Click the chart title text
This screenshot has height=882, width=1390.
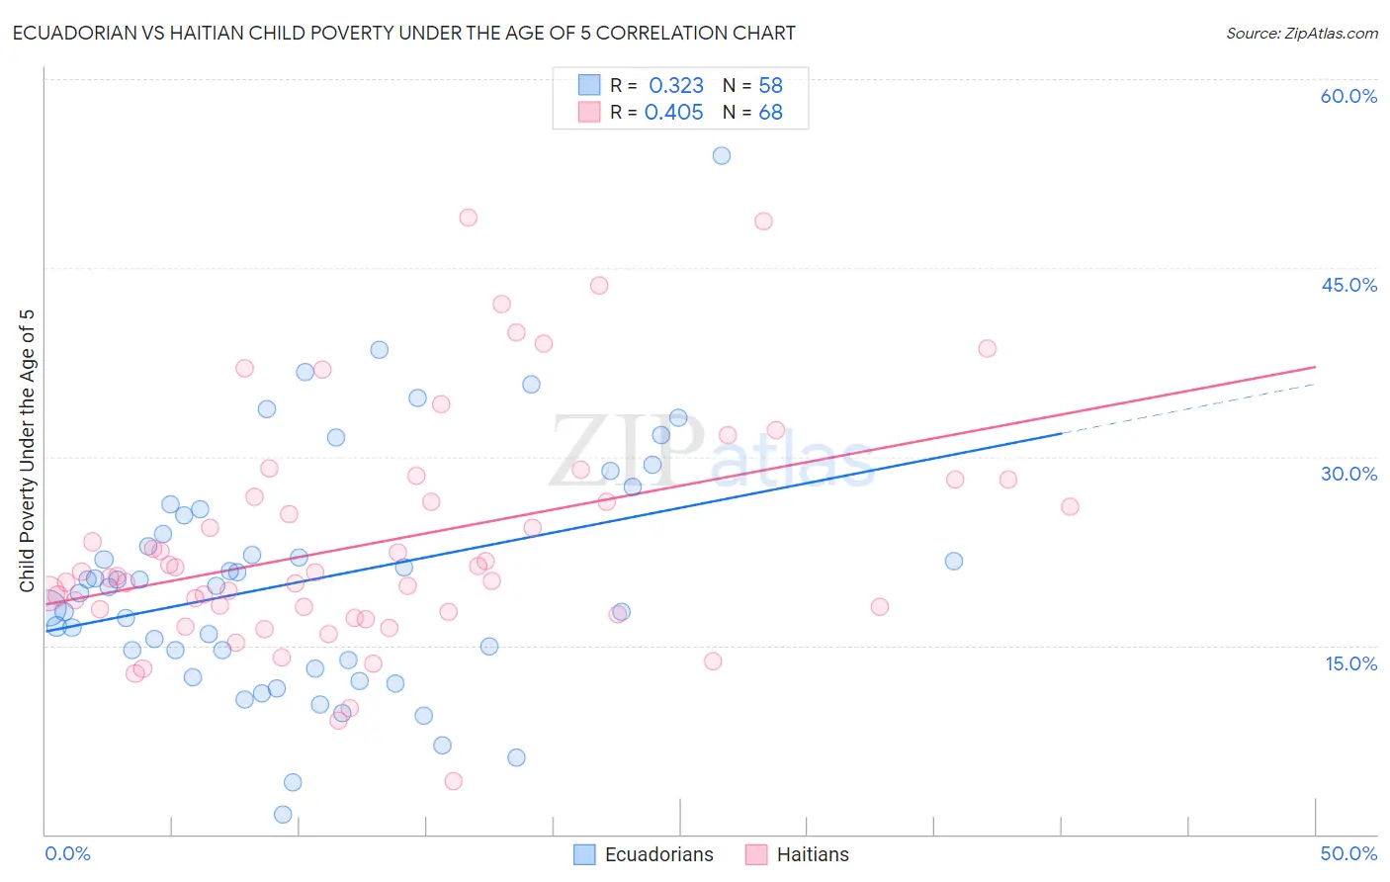click(x=403, y=33)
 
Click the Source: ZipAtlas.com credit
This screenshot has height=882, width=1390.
click(x=1301, y=33)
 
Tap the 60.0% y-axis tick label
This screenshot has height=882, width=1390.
click(x=1348, y=96)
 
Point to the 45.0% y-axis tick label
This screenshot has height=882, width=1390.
click(x=1348, y=285)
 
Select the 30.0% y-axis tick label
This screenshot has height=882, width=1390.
click(x=1348, y=474)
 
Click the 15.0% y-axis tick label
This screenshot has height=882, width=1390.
click(x=1350, y=663)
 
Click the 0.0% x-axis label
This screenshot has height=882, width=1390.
click(x=67, y=853)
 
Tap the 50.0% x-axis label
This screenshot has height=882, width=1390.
click(x=1348, y=853)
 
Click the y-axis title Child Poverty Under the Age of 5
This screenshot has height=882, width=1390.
click(x=27, y=451)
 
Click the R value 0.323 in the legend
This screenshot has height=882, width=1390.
click(x=676, y=86)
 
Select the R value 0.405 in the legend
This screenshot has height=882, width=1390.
click(x=674, y=113)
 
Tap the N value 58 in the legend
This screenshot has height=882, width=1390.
click(x=770, y=86)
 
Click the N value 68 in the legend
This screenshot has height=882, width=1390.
click(x=770, y=113)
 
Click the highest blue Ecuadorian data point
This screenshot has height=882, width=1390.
click(x=722, y=155)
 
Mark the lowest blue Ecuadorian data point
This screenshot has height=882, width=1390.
click(x=283, y=815)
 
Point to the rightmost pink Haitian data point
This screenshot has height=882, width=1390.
click(x=1070, y=506)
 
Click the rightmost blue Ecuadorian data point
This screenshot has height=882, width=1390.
click(x=954, y=561)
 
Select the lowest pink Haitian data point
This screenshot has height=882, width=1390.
click(x=454, y=781)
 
